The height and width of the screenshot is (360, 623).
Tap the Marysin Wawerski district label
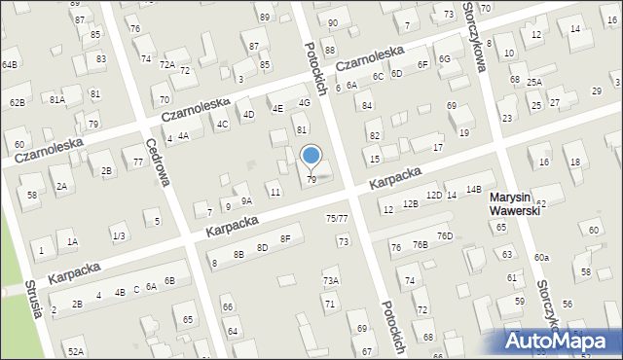(x=516, y=203)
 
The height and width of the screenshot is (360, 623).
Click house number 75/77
(x=337, y=219)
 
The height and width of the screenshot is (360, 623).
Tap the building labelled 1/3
(x=118, y=236)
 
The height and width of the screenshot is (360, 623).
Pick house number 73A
(x=331, y=280)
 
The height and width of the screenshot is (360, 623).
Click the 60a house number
(x=541, y=257)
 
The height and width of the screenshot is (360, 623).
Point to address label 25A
(x=534, y=83)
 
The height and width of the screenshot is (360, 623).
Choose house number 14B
(x=473, y=189)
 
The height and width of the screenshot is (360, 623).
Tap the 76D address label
(x=444, y=236)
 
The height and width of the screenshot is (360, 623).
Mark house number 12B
(x=411, y=202)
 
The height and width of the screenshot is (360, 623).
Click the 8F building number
(x=285, y=238)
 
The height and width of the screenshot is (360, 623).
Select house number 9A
(x=246, y=201)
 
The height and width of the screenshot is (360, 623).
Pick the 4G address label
(x=304, y=102)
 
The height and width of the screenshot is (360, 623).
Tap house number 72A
(x=166, y=65)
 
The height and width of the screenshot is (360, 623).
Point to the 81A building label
(x=57, y=99)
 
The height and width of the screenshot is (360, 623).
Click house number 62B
(x=17, y=102)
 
